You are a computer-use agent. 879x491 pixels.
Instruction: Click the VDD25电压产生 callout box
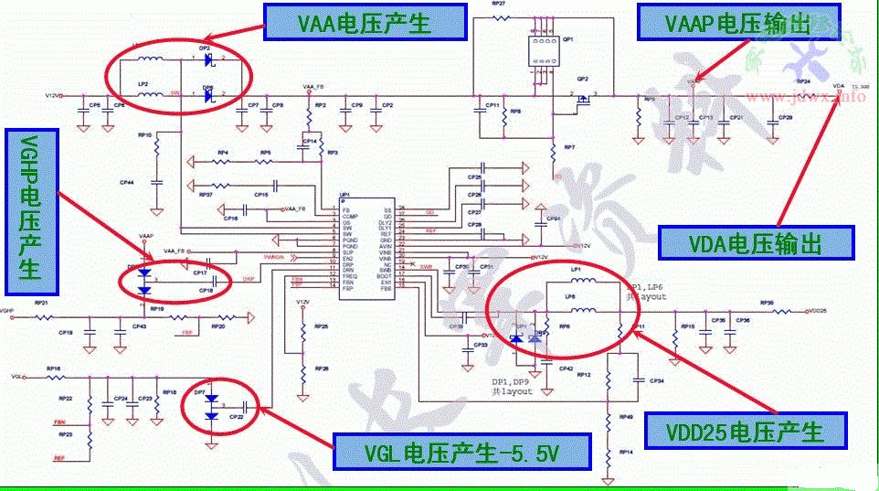pos(746,431)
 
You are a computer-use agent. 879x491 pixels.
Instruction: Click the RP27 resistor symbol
pos(499,17)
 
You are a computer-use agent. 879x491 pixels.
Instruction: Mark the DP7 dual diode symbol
pos(213,407)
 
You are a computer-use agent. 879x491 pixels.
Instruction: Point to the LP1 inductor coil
pos(588,281)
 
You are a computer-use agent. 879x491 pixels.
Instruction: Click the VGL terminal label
pos(16,376)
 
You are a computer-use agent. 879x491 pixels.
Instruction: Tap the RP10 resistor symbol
pos(157,144)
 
